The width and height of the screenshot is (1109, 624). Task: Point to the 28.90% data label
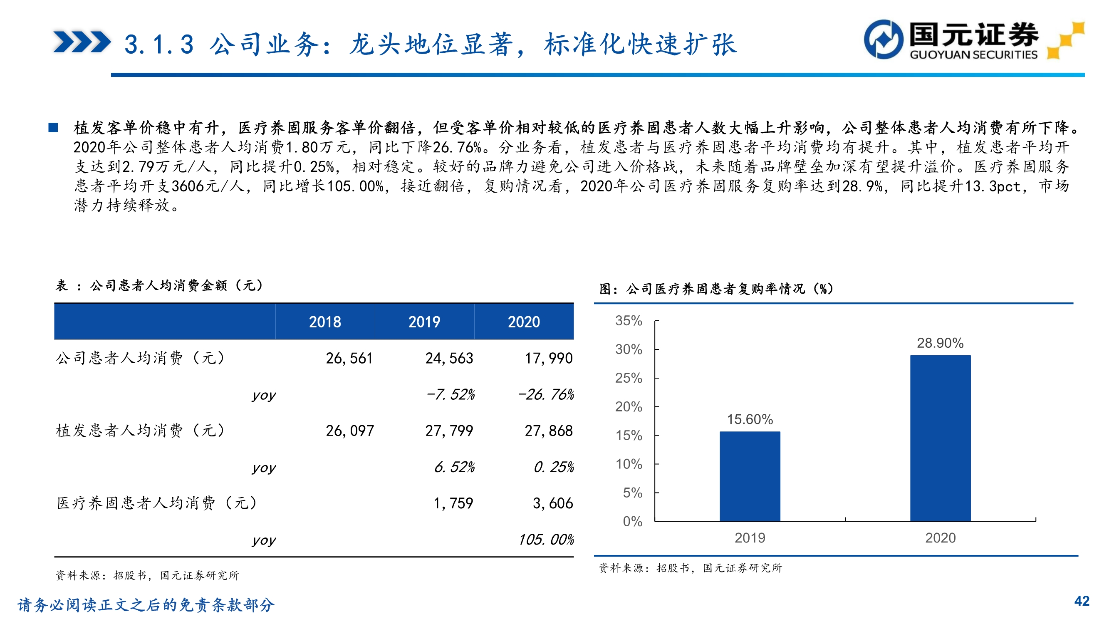click(x=940, y=343)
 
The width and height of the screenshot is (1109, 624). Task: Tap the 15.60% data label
click(x=750, y=419)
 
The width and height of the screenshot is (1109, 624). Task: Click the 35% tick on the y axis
click(x=629, y=320)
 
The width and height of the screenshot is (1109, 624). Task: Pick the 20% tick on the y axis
click(x=629, y=406)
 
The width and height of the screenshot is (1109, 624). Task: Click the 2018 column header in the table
click(x=324, y=322)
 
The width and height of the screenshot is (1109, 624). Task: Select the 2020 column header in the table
click(x=523, y=322)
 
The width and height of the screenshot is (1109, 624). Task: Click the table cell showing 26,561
click(x=349, y=358)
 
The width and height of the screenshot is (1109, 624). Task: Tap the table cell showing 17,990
click(x=549, y=358)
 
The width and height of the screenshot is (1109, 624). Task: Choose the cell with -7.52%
click(x=450, y=394)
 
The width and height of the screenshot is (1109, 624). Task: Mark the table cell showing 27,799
click(x=449, y=431)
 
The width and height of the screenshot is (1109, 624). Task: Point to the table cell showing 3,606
click(x=553, y=503)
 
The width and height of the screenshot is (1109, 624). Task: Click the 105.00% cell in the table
click(x=546, y=540)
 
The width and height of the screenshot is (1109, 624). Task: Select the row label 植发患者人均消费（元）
click(x=140, y=431)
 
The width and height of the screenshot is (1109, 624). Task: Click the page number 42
click(x=1082, y=601)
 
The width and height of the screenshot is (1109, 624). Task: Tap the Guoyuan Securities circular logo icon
click(x=884, y=39)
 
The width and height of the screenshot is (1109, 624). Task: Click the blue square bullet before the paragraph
click(x=53, y=127)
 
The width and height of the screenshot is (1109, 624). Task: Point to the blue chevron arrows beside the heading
click(x=82, y=42)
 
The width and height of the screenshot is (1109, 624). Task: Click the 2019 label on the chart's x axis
click(x=750, y=538)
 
